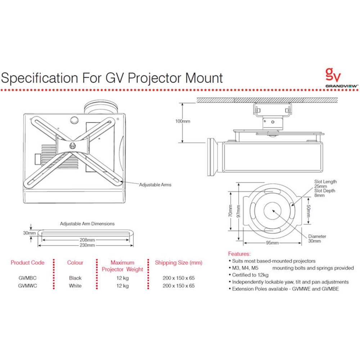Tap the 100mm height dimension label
(183, 121)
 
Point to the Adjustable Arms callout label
(155, 185)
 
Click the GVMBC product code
(27, 278)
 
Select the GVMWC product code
(27, 286)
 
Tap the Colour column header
(75, 262)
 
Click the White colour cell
(75, 286)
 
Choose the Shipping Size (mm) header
(179, 262)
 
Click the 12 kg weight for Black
(122, 278)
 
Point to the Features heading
(239, 254)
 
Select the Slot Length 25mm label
(325, 184)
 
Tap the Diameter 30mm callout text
(317, 239)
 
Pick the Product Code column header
(28, 262)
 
